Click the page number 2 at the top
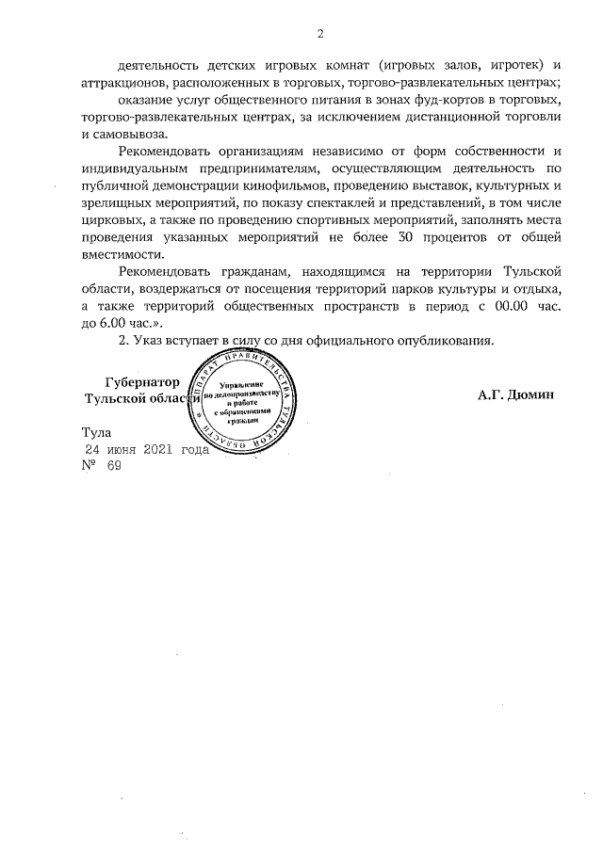(319, 35)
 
